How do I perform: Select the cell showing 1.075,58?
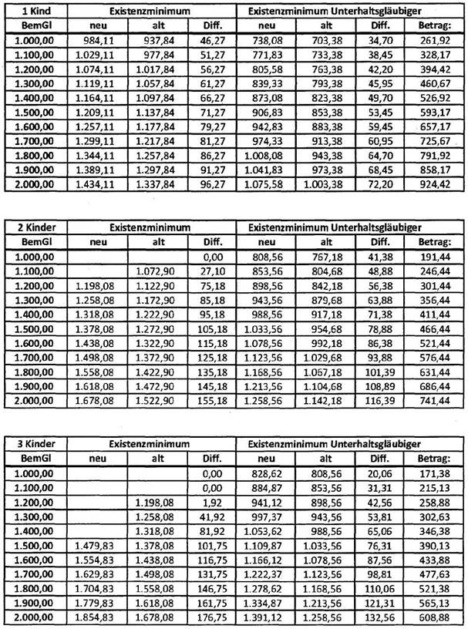(274, 185)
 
